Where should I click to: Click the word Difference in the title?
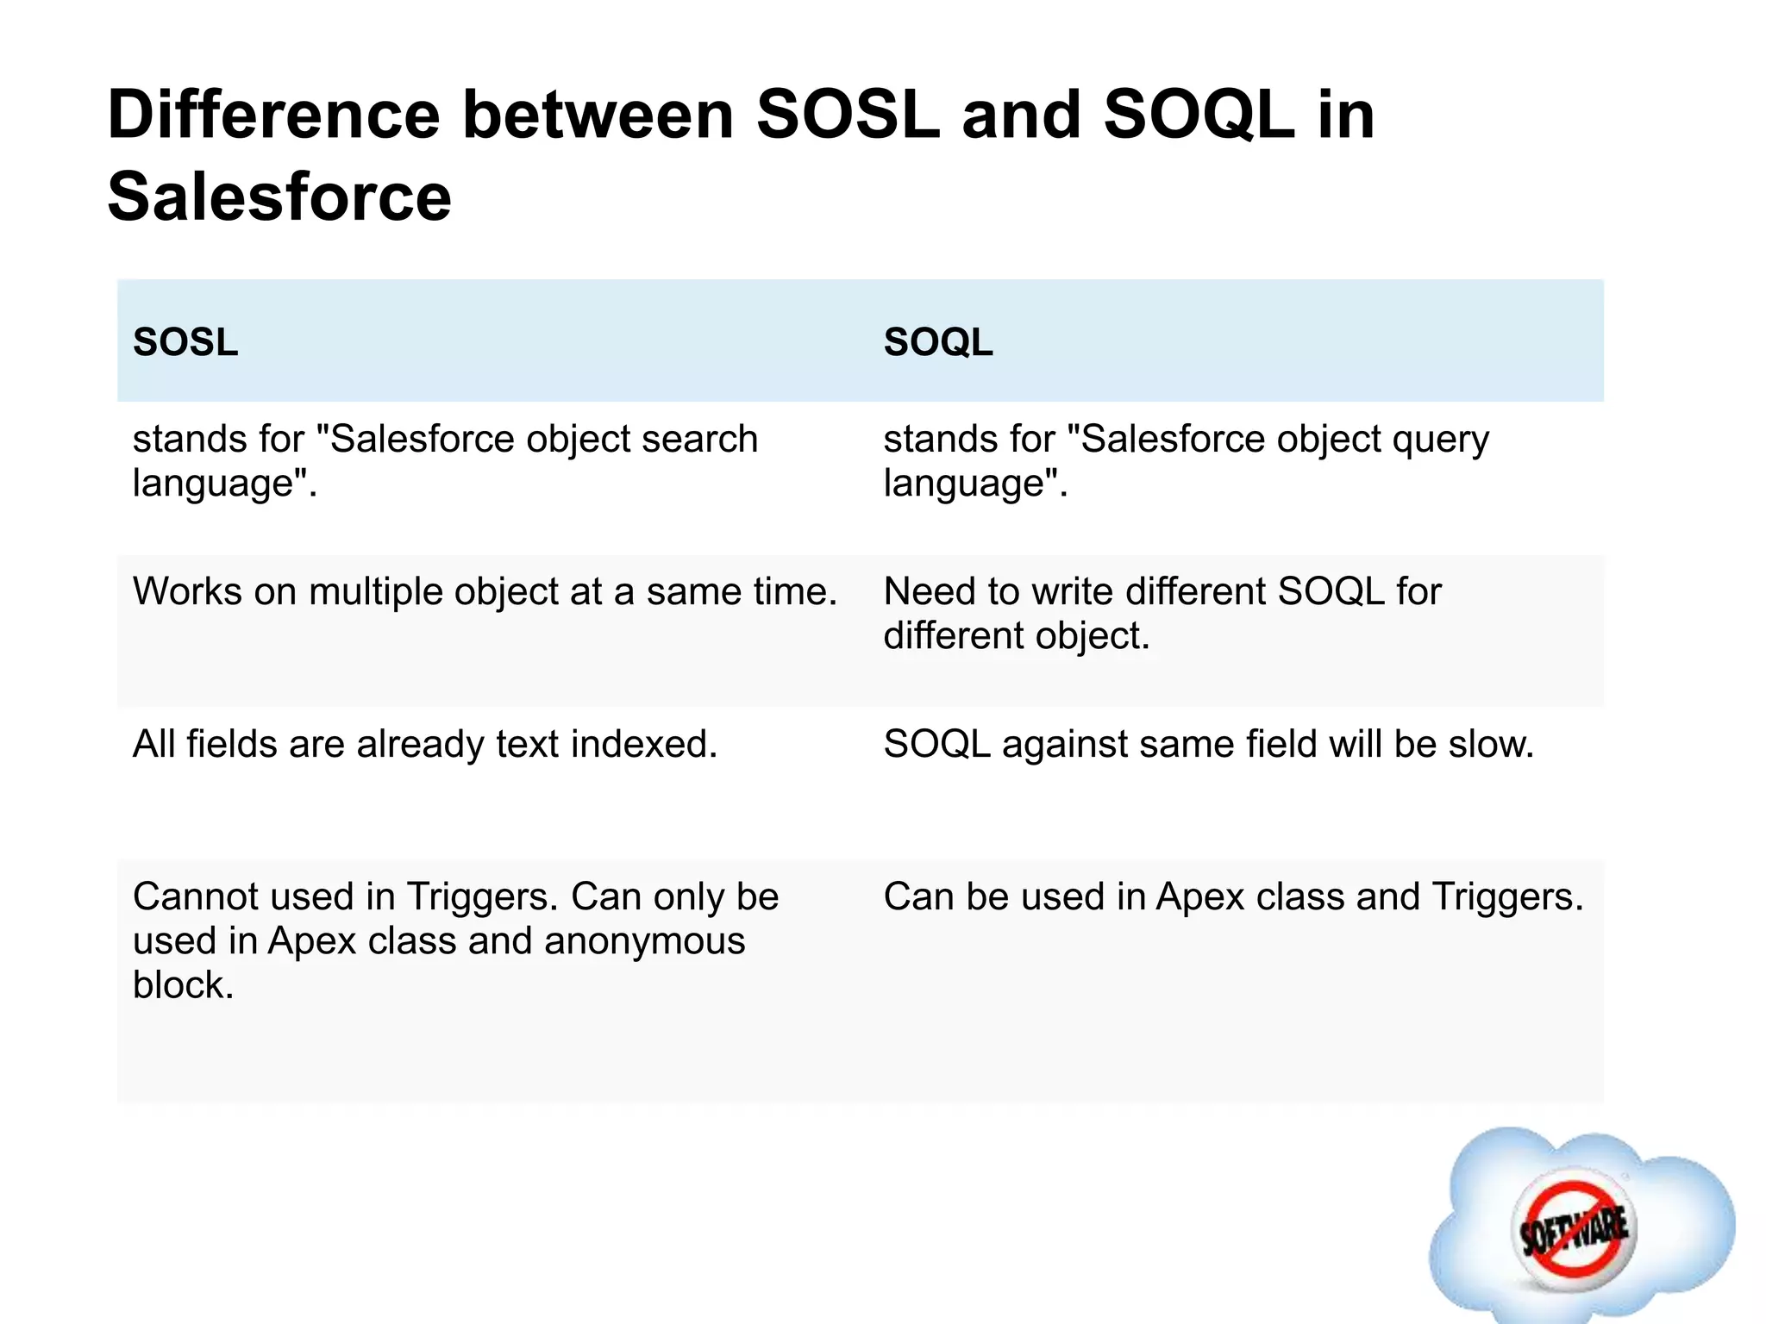pyautogui.click(x=273, y=115)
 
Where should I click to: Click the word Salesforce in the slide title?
pyautogui.click(x=279, y=197)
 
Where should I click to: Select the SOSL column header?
pyautogui.click(x=185, y=342)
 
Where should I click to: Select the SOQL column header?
pyautogui.click(x=938, y=342)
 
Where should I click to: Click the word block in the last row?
pyautogui.click(x=182, y=984)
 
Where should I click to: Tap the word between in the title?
pyautogui.click(x=598, y=115)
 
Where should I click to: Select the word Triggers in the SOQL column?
pyautogui.click(x=1507, y=896)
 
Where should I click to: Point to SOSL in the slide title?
pyautogui.click(x=848, y=115)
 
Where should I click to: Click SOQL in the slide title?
pyautogui.click(x=1199, y=115)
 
